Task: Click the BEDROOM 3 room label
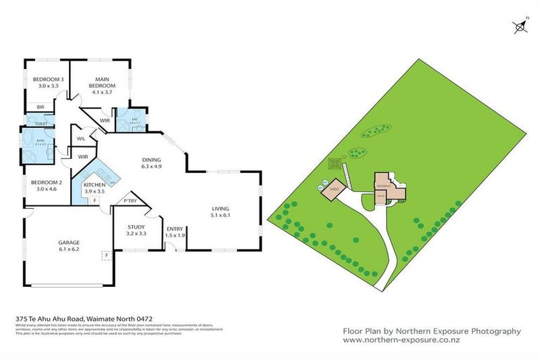(48, 79)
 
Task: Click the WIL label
(82, 139)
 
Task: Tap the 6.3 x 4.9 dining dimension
(152, 167)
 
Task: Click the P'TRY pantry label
(129, 202)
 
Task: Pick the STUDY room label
(136, 226)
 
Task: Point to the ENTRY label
(174, 228)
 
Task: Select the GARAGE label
(68, 242)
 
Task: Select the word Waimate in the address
(101, 317)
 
